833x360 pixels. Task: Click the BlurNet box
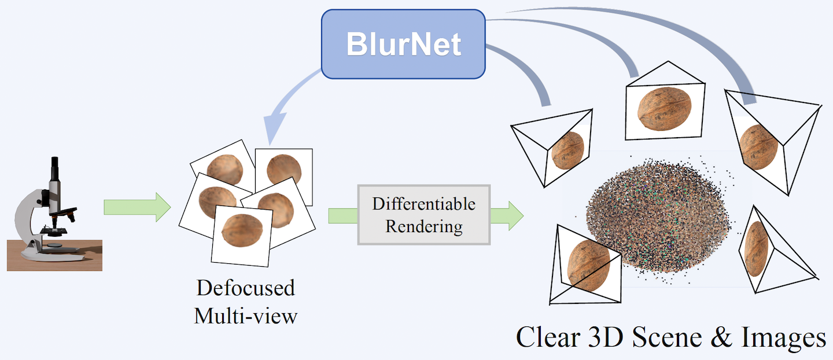pos(403,44)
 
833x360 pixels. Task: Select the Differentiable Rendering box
pos(423,215)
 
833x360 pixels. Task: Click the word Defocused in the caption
pos(245,288)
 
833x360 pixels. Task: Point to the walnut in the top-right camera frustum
pos(760,146)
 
